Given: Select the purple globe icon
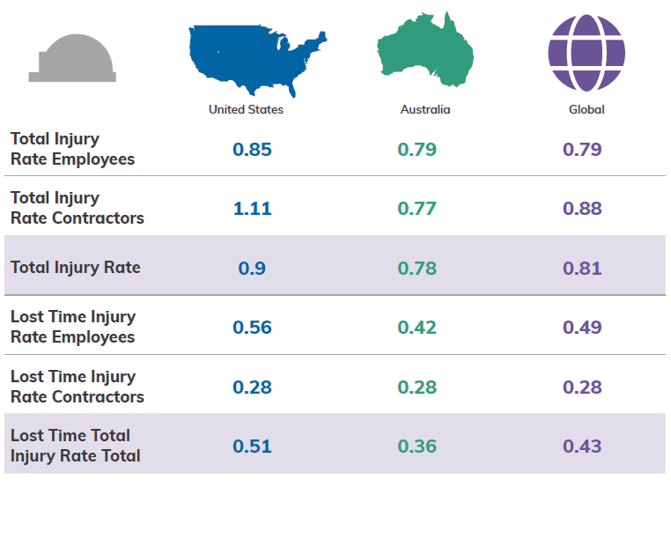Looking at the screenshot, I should click(586, 53).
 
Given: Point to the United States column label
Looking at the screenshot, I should click(246, 110).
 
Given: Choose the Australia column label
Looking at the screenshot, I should click(425, 110).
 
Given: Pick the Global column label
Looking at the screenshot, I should click(586, 110).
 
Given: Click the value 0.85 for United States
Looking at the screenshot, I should click(252, 149).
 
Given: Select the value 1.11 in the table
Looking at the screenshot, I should click(252, 208).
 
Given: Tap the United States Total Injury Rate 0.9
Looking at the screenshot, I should click(252, 268).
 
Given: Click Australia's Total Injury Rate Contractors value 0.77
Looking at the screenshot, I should click(417, 208).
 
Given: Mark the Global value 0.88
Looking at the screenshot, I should click(582, 208).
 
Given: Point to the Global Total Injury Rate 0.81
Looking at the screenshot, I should click(582, 268).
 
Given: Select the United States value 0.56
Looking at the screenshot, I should click(252, 327).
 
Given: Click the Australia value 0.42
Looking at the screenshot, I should click(417, 327).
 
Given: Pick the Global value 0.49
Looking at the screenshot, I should click(582, 327).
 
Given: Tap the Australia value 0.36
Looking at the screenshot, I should click(417, 446).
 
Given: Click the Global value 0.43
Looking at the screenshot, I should click(582, 446).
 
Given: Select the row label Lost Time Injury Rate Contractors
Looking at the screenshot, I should click(77, 387).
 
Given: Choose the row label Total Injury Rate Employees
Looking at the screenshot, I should click(72, 149).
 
